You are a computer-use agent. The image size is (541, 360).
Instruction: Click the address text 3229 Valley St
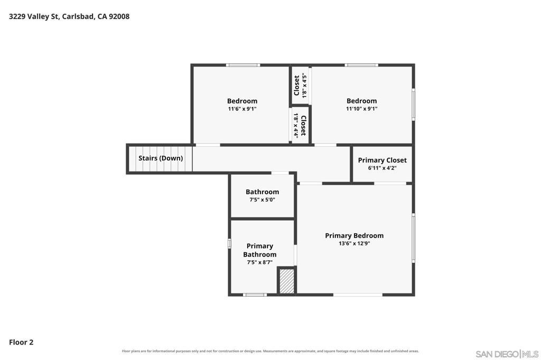click(x=34, y=16)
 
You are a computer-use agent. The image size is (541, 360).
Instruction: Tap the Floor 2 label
click(x=21, y=342)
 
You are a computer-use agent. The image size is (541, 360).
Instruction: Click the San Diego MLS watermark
click(x=507, y=354)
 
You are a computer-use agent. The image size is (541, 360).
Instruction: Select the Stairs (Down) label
click(x=161, y=158)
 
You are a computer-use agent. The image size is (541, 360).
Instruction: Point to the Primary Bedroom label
click(x=355, y=235)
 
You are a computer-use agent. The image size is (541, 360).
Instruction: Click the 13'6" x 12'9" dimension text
click(x=355, y=243)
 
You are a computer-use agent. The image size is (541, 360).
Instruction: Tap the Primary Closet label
click(x=383, y=160)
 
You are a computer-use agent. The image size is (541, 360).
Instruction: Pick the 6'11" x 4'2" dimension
click(x=383, y=168)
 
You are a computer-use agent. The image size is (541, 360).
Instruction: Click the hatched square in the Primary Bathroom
click(x=286, y=281)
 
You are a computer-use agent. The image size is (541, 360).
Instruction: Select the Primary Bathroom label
click(x=260, y=250)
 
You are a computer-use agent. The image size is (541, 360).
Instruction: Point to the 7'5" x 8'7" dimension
click(x=260, y=262)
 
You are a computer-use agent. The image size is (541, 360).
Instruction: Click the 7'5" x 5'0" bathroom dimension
click(x=262, y=200)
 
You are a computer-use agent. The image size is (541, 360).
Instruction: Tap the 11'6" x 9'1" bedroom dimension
click(x=242, y=109)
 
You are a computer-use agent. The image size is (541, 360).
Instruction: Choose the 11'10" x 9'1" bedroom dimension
click(x=361, y=109)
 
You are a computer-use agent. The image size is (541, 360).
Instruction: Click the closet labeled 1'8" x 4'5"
click(x=300, y=86)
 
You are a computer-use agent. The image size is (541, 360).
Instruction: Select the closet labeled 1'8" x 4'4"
click(x=300, y=125)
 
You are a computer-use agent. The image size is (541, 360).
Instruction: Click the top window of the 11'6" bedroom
click(x=243, y=65)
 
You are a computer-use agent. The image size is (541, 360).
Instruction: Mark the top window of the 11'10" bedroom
click(x=361, y=65)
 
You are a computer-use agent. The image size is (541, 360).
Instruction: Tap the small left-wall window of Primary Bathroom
click(x=229, y=243)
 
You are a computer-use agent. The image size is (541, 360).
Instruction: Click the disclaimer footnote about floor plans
click(x=270, y=351)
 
